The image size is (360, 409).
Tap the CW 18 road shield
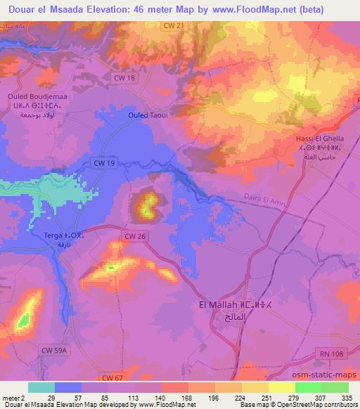click(x=126, y=78)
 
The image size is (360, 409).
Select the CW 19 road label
click(x=103, y=162)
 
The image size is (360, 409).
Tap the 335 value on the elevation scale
click(x=345, y=398)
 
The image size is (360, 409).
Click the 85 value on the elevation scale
click(x=103, y=398)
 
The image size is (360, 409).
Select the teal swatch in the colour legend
click(x=42, y=387)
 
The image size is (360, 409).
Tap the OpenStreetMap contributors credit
click(x=323, y=405)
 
